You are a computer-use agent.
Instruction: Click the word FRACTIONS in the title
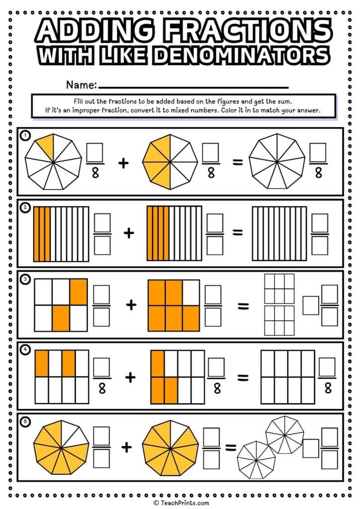click(252, 31)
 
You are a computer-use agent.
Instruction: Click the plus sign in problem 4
click(130, 377)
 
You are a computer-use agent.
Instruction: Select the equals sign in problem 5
click(231, 448)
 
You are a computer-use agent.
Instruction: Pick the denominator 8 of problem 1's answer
click(318, 172)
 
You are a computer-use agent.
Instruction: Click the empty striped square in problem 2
click(278, 233)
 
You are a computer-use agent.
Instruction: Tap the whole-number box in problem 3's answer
click(311, 305)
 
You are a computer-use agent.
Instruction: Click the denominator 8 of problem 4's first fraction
click(102, 388)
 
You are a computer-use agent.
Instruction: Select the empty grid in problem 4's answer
click(287, 377)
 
